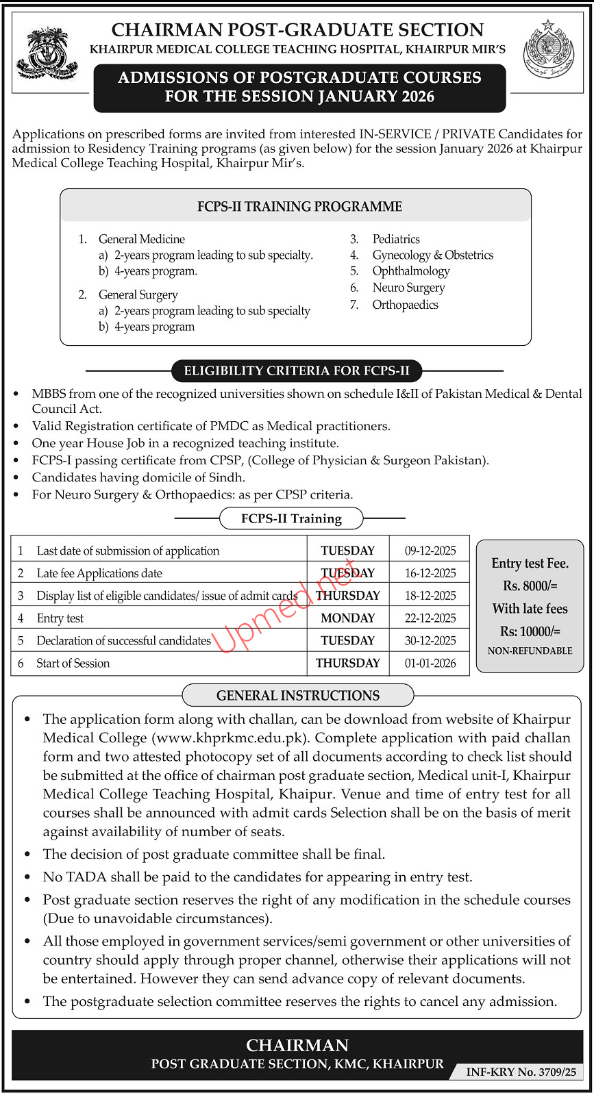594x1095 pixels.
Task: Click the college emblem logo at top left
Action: (x=46, y=53)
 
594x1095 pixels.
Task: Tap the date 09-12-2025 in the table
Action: (x=430, y=551)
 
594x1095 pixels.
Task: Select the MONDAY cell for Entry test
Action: (x=347, y=618)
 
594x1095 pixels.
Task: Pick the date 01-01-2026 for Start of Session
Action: (x=430, y=664)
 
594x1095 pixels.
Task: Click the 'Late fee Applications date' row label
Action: (x=99, y=573)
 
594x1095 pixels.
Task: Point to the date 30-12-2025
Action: (x=430, y=641)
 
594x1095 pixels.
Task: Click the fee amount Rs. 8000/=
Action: (x=530, y=586)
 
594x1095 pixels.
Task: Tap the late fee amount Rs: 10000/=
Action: (x=530, y=631)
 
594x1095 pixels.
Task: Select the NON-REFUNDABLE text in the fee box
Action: (x=530, y=651)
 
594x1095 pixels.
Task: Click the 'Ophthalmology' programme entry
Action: (x=411, y=271)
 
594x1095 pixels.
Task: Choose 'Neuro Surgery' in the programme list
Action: (x=408, y=288)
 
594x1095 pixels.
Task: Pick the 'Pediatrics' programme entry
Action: (x=396, y=239)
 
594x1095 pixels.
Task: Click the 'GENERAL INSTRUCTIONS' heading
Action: (x=298, y=696)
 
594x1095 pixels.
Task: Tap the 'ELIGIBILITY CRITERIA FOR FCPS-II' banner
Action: (x=297, y=371)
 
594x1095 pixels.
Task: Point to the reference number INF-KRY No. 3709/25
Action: (x=521, y=1072)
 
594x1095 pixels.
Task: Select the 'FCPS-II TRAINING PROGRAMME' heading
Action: (x=299, y=207)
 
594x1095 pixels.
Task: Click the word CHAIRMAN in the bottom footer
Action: (x=297, y=1046)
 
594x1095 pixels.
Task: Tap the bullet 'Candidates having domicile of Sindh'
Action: (x=138, y=477)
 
